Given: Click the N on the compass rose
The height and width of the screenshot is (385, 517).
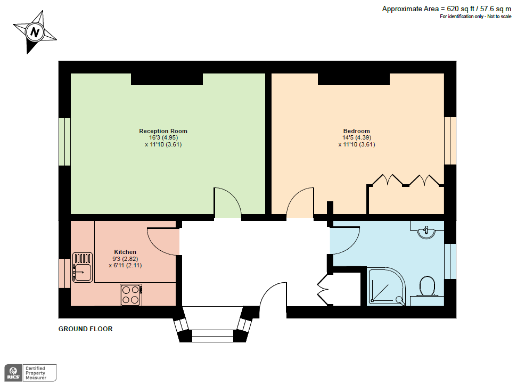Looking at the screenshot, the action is [x=35, y=32].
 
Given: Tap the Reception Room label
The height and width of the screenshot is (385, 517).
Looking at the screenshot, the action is [x=163, y=131].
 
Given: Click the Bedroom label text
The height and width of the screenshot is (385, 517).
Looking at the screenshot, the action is [x=356, y=131].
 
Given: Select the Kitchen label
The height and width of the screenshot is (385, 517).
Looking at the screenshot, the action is [x=125, y=252].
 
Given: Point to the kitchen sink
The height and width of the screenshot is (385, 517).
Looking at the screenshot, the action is [x=82, y=267].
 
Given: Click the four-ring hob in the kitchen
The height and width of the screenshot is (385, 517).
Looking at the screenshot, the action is [x=131, y=294].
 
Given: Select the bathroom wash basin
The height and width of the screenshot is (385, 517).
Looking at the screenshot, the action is [x=426, y=232].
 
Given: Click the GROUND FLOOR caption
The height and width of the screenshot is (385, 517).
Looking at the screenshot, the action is [x=85, y=329].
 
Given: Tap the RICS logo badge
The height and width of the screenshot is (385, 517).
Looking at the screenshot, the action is [x=13, y=373].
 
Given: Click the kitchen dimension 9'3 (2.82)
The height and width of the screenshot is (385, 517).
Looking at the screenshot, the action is [x=125, y=259].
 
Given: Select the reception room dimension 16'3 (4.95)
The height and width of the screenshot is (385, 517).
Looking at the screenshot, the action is [x=163, y=137].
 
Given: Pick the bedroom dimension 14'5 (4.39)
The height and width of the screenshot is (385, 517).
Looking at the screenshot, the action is [x=356, y=137].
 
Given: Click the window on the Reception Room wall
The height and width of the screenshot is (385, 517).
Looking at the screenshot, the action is [x=64, y=142].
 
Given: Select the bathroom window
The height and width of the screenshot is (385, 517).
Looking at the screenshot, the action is [x=450, y=261].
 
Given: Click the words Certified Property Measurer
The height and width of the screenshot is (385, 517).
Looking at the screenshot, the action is [x=36, y=373].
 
